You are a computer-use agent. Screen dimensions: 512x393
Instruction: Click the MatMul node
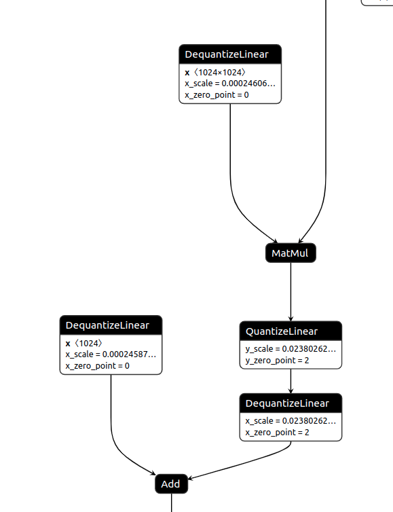pos(291,253)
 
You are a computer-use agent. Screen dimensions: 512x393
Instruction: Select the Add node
pos(170,484)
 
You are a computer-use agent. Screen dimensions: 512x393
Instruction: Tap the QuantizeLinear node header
pos(291,331)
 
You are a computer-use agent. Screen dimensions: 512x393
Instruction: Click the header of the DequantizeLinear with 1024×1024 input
pos(230,54)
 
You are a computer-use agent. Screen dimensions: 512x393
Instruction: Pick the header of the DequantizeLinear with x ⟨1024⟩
pos(111,325)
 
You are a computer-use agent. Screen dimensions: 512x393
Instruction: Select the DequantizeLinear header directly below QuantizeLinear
pos(291,403)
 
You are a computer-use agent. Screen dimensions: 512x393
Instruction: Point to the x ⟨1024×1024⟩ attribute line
pos(215,72)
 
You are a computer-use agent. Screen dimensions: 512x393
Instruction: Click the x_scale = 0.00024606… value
pos(230,84)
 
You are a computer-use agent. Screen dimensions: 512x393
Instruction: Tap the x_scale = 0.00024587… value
pos(111,354)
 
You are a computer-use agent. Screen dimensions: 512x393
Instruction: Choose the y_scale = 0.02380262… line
pos(291,349)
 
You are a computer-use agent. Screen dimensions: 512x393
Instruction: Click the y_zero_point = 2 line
pos(278,360)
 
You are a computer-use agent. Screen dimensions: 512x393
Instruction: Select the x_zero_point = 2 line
pos(278,432)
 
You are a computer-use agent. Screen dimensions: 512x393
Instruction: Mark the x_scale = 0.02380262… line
pos(291,421)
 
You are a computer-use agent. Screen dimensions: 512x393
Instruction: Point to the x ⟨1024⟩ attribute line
pos(84,343)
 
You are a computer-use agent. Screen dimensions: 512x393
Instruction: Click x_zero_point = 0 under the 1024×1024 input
pos(217,94)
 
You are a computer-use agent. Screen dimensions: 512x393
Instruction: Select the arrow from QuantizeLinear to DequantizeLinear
pos(291,380)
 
